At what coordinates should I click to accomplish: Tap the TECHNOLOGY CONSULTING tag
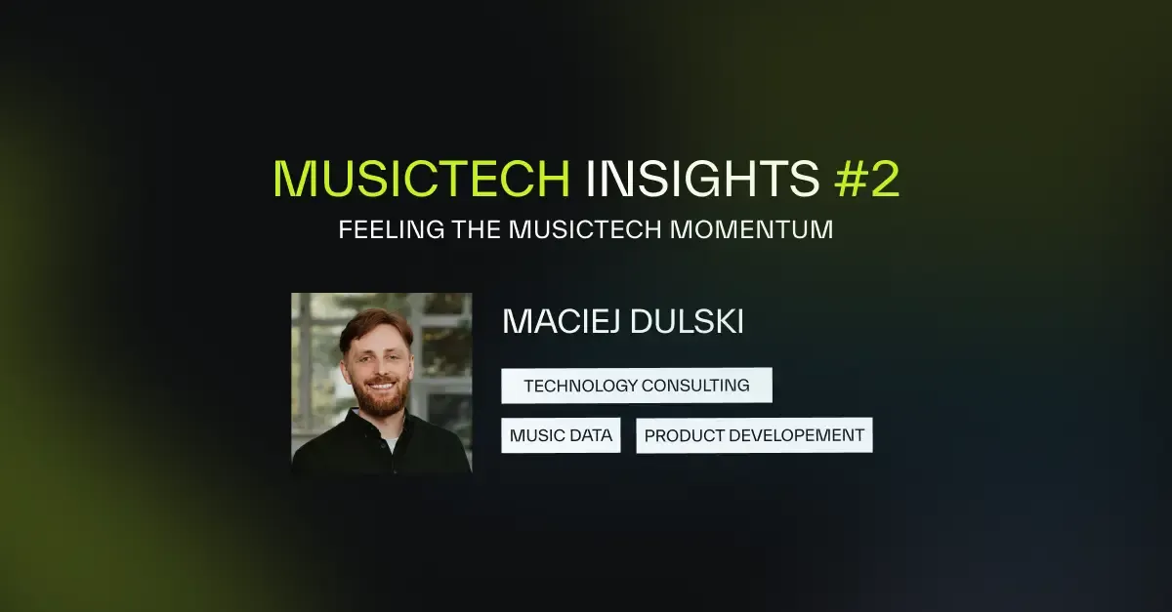coord(637,386)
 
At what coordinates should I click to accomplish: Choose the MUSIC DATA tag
coord(562,435)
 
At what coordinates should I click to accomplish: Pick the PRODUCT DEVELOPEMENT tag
coord(754,435)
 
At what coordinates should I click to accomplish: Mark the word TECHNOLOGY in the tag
coord(579,386)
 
